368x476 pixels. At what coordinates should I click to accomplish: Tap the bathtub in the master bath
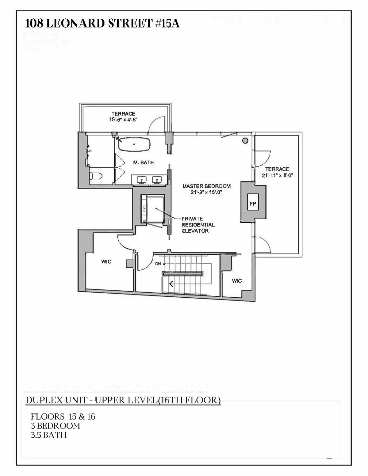point(134,144)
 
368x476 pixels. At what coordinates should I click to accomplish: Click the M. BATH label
point(144,162)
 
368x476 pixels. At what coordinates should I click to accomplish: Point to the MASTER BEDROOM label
point(206,186)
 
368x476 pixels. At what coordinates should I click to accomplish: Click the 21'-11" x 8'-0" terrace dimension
point(277,176)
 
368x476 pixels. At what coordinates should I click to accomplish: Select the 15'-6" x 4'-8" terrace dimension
point(123,120)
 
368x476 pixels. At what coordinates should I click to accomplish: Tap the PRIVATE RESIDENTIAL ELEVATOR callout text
point(198,225)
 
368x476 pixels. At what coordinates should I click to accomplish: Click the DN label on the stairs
point(158,264)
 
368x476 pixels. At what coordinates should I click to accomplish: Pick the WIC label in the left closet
point(106,261)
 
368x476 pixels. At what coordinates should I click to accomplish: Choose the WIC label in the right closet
point(237,281)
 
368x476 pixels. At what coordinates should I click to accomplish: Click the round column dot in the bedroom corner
point(245,141)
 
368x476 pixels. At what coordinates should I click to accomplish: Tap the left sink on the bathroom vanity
point(141,179)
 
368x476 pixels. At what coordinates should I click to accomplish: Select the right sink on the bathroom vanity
point(157,179)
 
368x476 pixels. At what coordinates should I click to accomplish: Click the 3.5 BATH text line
point(49,435)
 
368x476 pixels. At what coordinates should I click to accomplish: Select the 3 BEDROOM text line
point(56,426)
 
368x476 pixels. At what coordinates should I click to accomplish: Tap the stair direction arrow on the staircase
point(171,284)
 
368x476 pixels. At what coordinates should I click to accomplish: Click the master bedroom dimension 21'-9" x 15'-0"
point(206,192)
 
